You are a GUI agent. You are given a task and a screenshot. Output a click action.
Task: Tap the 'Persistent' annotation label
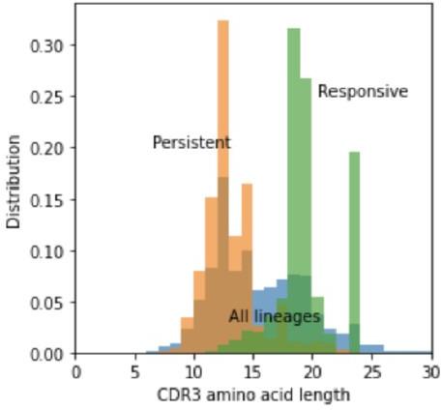point(191,143)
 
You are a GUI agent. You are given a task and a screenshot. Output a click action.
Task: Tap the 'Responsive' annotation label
point(363,92)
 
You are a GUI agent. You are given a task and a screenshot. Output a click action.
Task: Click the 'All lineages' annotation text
point(274,316)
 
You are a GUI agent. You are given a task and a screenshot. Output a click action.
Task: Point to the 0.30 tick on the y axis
point(52,45)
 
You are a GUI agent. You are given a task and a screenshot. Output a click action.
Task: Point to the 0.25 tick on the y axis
point(52,97)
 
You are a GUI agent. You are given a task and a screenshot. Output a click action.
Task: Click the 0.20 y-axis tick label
point(52,148)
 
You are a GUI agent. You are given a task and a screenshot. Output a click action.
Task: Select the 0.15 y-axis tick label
point(52,199)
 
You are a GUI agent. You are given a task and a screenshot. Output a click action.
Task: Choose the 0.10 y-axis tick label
point(52,251)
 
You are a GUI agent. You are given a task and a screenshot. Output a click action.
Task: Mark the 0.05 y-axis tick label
point(52,303)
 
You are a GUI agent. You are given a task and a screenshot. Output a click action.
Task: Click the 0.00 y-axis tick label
point(52,354)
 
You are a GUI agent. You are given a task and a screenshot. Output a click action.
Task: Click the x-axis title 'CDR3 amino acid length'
point(253,395)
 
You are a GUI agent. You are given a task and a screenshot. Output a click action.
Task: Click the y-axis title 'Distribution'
point(14,181)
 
